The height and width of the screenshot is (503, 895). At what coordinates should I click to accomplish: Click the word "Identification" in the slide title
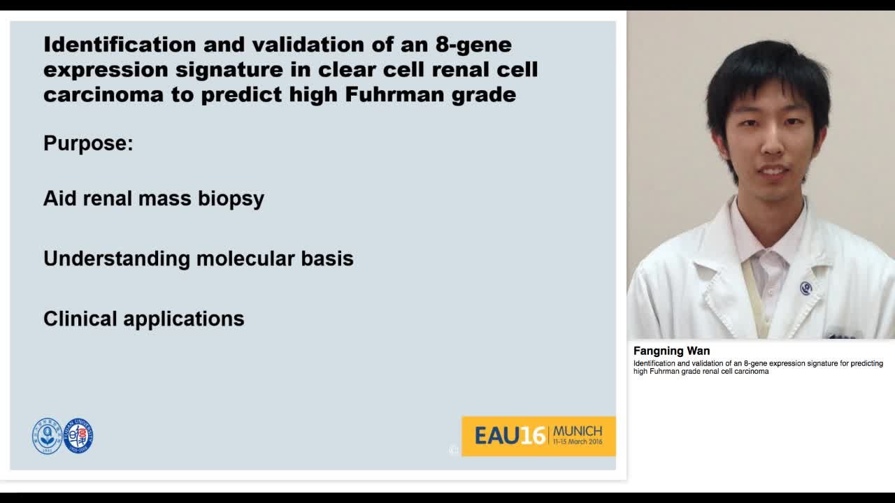[118, 45]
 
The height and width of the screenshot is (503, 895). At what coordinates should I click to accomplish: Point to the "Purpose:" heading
[88, 143]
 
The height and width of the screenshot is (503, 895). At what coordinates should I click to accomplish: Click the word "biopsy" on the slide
[231, 199]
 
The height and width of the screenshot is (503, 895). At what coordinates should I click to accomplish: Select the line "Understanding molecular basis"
[198, 258]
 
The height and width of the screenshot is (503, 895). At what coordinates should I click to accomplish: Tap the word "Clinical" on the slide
[80, 319]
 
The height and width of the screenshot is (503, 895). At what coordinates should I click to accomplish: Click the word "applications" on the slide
[184, 319]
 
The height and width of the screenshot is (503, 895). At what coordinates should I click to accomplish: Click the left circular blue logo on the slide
[47, 436]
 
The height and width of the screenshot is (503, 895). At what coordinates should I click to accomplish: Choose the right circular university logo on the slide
[78, 436]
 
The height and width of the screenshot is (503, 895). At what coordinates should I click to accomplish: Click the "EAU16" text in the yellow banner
[510, 436]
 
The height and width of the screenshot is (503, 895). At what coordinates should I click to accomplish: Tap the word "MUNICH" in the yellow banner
[577, 431]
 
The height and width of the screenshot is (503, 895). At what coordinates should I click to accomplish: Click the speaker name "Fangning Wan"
[671, 351]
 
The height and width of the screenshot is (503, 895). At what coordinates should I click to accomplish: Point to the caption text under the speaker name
[758, 367]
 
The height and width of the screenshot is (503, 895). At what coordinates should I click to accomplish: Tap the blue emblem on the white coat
[805, 288]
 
